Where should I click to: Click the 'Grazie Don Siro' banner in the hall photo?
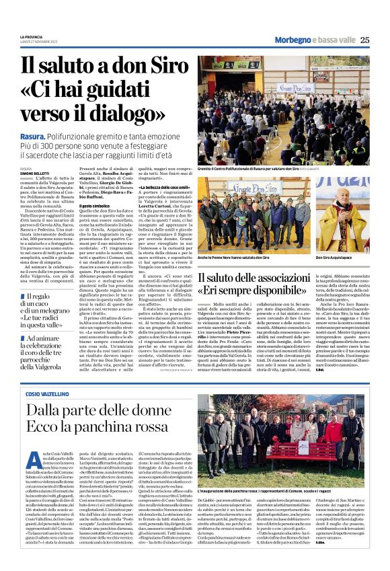coord(297,86)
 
